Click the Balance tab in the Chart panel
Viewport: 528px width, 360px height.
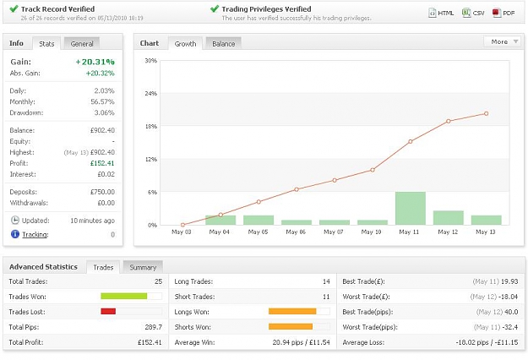223,43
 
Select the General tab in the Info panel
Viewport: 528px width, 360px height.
82,43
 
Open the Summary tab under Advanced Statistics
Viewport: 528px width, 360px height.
143,267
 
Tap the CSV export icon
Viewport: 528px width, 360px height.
466,13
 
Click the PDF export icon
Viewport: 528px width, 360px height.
497,13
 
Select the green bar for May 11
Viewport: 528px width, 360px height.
410,208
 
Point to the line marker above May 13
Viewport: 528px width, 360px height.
486,114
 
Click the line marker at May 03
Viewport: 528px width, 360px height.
182,225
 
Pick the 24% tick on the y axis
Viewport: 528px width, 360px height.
151,93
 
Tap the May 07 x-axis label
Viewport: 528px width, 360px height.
334,232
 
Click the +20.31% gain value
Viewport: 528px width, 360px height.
95,62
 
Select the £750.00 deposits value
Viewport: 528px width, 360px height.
102,192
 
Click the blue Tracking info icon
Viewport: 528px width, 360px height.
15,234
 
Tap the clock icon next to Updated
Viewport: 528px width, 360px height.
15,221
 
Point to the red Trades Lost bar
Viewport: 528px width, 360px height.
108,312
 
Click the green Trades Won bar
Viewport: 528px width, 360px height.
124,296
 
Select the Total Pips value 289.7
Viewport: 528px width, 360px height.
154,327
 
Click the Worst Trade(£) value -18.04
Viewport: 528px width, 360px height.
508,297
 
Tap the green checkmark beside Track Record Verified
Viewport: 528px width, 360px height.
14,8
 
